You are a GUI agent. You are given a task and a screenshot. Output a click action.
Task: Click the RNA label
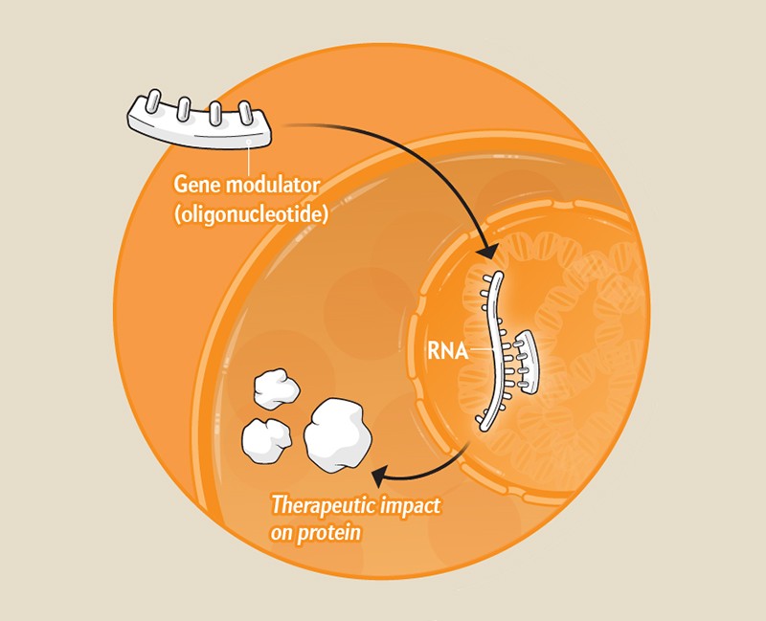point(449,351)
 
